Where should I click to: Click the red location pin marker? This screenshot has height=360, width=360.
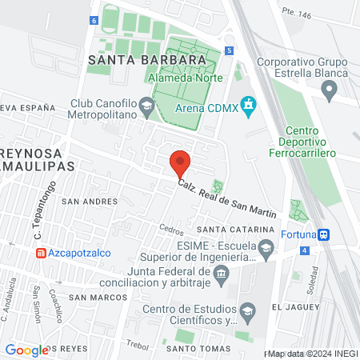pos(180,163)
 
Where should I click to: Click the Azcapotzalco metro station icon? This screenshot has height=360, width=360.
pos(40,253)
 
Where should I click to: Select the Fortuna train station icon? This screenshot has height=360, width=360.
pos(323,234)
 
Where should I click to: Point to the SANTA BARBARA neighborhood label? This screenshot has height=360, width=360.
pos(143,60)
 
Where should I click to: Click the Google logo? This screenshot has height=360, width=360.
pos(26,350)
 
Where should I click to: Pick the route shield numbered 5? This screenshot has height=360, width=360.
pos(230,50)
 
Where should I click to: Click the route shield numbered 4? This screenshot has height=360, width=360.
pos(304,250)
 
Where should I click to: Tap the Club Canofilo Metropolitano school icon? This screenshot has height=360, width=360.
pos(146,104)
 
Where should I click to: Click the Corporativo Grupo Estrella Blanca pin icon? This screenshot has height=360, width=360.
pos(330,92)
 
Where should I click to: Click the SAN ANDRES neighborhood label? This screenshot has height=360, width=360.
pos(84,202)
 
